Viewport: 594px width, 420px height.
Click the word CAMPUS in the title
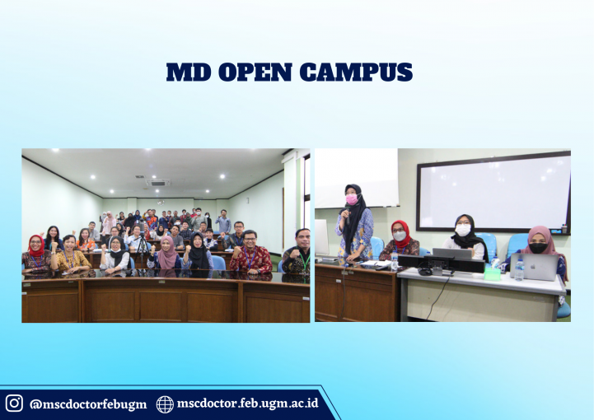pos(356,72)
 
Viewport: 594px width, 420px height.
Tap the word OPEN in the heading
pos(255,72)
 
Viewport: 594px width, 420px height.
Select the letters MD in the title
pos(189,72)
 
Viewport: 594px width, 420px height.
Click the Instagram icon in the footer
pos(14,403)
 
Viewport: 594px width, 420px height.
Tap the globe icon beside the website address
pos(165,404)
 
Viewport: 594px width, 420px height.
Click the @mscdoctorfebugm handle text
pos(88,404)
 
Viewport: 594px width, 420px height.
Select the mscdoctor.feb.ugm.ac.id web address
pos(248,404)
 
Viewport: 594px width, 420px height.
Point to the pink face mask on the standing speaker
pos(352,199)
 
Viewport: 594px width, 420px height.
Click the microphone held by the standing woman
pos(347,214)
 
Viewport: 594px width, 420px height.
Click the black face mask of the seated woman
pos(538,248)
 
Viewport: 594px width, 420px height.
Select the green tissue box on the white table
pos(492,273)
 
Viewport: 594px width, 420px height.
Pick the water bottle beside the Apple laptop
pos(519,268)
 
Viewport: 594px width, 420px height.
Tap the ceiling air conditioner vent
pos(158,183)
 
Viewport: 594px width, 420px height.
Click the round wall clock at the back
pos(161,203)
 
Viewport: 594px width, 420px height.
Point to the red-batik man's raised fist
pos(238,251)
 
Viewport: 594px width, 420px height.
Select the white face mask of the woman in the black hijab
pos(462,230)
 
